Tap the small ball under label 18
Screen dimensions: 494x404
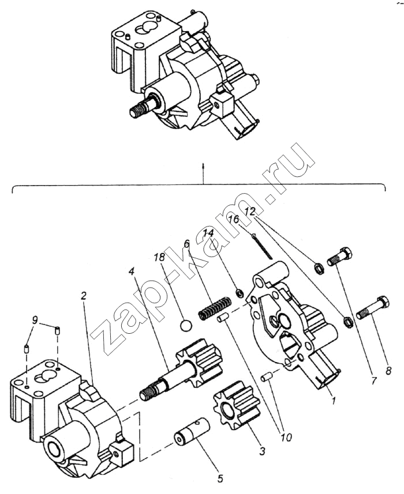point(184,326)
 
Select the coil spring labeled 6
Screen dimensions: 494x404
point(215,306)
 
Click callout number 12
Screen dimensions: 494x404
point(249,213)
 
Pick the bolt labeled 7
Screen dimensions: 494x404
point(340,257)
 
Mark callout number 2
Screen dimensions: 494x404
point(84,296)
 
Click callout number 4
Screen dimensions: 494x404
point(132,270)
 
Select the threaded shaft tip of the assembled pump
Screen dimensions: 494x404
point(139,110)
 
